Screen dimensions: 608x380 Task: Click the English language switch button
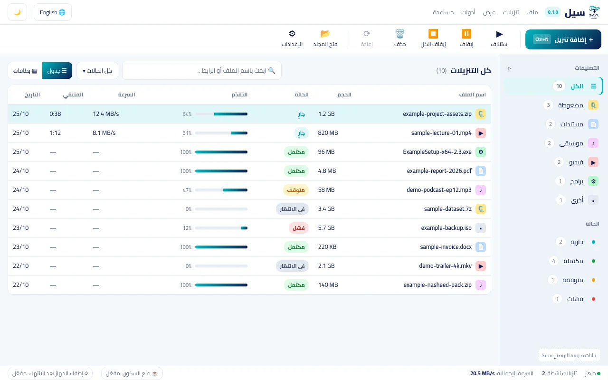pos(53,12)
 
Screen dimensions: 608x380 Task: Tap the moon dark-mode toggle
pos(18,12)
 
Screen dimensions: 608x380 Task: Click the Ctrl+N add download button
pos(563,39)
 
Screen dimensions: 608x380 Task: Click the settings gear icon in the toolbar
pos(292,34)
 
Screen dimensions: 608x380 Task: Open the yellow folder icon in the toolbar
pos(325,34)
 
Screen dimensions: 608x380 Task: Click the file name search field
pos(202,71)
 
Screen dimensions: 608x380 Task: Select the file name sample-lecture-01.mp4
pos(441,133)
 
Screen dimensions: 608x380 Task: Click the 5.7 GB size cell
pos(326,228)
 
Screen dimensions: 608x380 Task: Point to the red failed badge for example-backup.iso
pos(299,228)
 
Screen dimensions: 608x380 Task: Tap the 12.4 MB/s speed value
pos(106,114)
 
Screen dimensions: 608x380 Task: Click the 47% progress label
pos(187,190)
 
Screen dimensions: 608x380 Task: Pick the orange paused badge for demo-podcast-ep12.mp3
pos(296,190)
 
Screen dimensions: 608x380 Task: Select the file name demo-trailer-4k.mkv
pos(446,266)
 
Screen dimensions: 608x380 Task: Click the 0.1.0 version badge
pos(553,12)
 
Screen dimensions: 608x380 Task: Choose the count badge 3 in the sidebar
pos(548,105)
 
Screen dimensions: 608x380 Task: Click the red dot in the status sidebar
pos(593,299)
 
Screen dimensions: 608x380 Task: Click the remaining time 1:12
pos(56,133)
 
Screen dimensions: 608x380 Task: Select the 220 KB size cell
pos(327,247)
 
